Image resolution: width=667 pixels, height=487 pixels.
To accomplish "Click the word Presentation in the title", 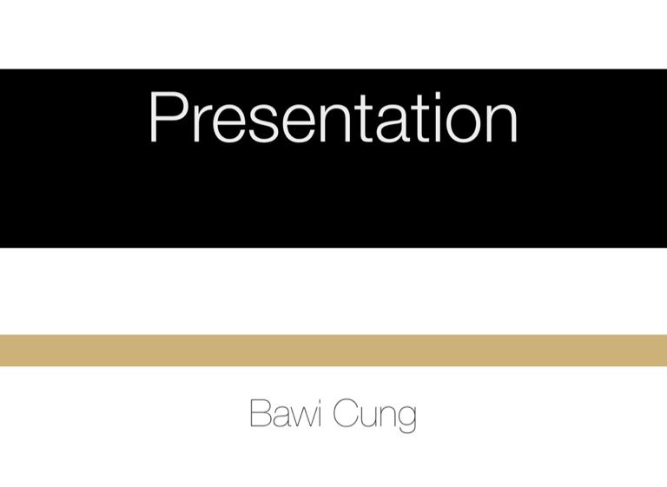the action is tap(333, 116).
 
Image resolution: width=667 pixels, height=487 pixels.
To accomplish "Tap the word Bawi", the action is tap(285, 412).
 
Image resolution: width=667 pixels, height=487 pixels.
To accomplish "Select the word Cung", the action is tap(374, 416).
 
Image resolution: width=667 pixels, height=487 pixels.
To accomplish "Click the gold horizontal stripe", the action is tap(333, 351).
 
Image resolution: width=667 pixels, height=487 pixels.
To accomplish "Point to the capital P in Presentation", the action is tap(168, 117).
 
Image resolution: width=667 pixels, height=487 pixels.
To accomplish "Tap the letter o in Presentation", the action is tap(459, 124).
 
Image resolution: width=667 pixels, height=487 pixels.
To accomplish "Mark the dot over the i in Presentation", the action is tap(437, 95).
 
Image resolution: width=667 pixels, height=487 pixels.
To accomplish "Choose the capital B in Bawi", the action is tap(261, 412).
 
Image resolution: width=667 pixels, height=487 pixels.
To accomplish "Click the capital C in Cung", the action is tap(345, 412).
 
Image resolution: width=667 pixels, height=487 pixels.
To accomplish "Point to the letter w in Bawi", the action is tap(301, 417).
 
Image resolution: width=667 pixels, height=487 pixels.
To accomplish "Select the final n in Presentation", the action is tap(502, 123).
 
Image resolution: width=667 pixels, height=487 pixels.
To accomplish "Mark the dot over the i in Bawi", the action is tap(318, 401).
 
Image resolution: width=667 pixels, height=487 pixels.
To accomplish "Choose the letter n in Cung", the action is tap(386, 417).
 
